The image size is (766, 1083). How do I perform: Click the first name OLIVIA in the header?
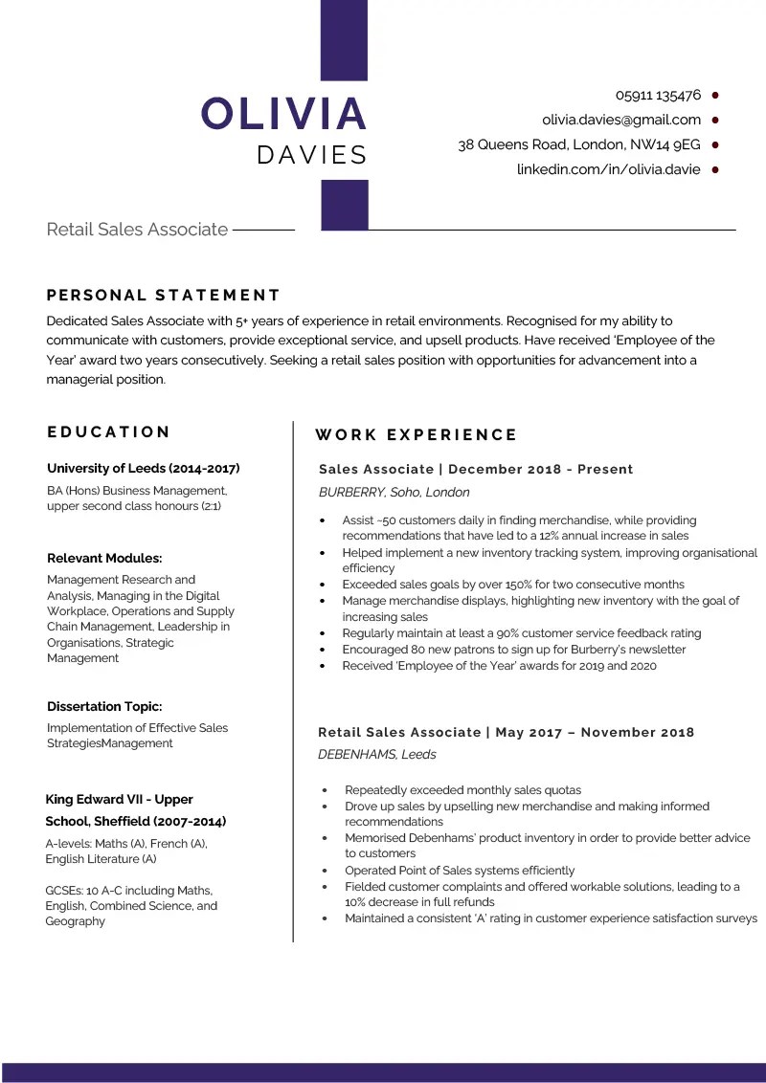tap(284, 114)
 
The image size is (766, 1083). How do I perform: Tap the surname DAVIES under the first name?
tap(312, 155)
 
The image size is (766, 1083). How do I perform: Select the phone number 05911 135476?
tap(658, 96)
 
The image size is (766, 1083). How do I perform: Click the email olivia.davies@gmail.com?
tap(621, 121)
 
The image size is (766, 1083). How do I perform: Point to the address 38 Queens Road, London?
tap(578, 145)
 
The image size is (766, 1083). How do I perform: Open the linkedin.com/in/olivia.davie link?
tap(608, 170)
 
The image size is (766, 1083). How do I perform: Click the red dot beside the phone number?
tap(715, 96)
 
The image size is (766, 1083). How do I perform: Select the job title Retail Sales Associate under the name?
tap(137, 230)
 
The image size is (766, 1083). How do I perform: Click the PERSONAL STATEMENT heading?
tap(164, 296)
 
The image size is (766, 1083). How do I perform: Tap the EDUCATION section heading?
tap(109, 432)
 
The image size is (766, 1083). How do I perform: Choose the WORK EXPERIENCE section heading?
tap(416, 435)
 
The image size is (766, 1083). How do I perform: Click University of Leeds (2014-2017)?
tap(144, 469)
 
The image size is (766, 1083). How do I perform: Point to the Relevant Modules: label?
tap(104, 559)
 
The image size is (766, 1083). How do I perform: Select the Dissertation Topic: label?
tap(104, 707)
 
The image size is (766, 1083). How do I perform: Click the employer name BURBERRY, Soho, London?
tap(394, 493)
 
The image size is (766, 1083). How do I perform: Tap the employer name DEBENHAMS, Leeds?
tap(376, 755)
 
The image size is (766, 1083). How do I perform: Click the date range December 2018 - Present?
tap(540, 470)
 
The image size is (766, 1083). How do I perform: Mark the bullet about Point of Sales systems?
tap(460, 871)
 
